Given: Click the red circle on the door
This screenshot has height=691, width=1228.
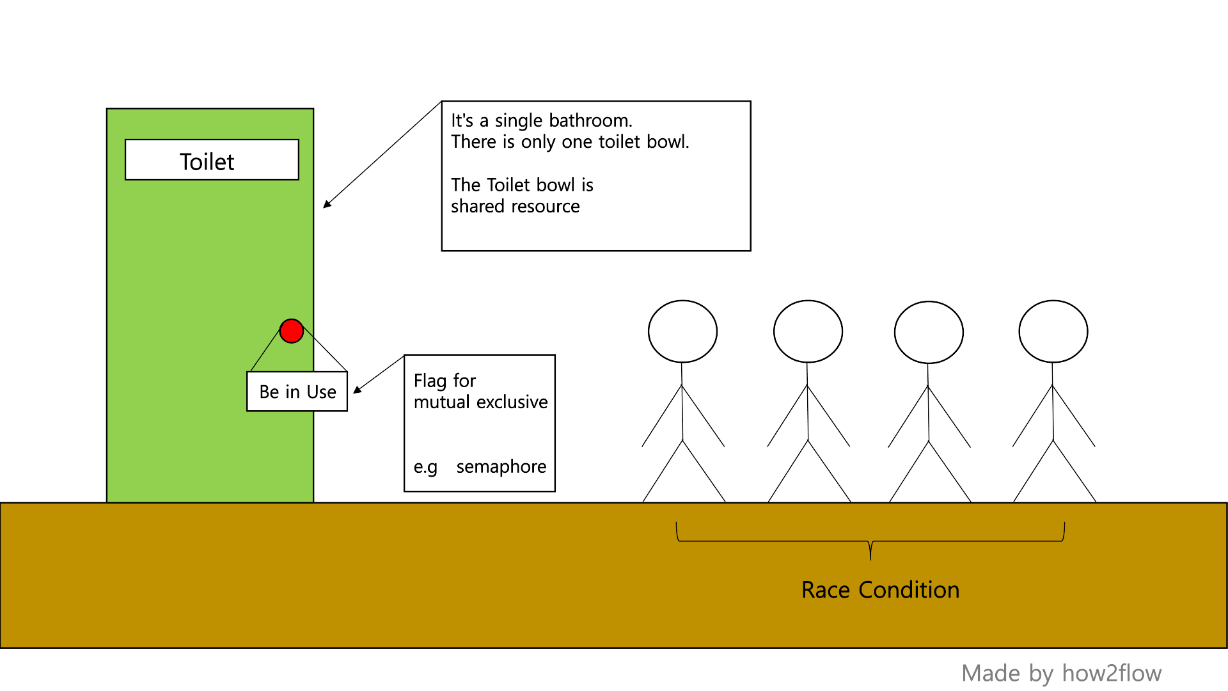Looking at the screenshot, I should [292, 331].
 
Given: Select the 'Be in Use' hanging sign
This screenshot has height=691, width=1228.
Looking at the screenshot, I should [297, 392].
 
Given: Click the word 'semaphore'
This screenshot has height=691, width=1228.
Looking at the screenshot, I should [501, 467].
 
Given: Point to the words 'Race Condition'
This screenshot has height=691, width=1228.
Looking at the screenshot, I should [880, 590].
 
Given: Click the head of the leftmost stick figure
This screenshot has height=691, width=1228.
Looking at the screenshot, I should [682, 331].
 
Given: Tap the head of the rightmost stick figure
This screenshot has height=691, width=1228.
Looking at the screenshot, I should [1053, 331].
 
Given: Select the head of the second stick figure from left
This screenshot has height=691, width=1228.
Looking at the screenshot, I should [808, 331].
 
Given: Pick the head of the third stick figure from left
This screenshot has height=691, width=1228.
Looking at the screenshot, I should [929, 332].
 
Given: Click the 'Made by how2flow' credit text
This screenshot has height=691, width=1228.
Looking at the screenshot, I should [1061, 673].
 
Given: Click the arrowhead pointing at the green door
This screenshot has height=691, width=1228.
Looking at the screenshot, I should [327, 204].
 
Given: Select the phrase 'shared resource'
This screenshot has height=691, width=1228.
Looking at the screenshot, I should [515, 206].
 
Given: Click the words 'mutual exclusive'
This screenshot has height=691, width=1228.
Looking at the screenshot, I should [480, 402].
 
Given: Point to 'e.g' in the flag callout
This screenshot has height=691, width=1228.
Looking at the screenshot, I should [425, 467].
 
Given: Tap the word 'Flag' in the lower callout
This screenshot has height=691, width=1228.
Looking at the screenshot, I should [430, 381].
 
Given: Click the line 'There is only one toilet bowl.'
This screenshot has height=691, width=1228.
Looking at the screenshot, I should [570, 141].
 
